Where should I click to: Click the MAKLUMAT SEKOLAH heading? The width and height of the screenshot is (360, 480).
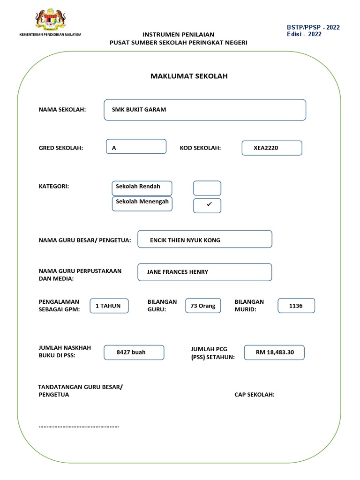tap(189, 76)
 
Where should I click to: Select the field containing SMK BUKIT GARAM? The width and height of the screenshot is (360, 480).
tap(205, 110)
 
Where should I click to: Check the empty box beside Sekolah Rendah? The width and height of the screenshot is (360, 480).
tap(207, 188)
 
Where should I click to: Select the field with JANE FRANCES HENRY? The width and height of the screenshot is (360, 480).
tap(204, 272)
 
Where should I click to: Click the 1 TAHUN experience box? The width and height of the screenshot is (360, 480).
tap(108, 306)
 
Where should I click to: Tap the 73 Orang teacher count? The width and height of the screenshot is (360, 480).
tap(203, 306)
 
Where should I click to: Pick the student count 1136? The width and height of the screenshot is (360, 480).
tap(296, 306)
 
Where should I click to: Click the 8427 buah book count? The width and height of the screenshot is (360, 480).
tap(134, 352)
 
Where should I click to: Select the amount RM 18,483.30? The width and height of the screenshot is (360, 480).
tap(274, 352)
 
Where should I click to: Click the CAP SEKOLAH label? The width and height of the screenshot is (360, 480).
tap(255, 395)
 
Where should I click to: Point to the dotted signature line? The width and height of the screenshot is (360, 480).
tap(79, 427)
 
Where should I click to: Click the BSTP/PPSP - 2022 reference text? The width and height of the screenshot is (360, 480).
tap(313, 27)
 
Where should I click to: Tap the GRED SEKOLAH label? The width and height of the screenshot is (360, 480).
tap(60, 148)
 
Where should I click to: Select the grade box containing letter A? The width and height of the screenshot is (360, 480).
tap(136, 147)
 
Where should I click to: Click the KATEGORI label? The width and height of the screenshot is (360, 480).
tap(53, 187)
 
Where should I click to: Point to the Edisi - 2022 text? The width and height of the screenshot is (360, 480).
tap(304, 34)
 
